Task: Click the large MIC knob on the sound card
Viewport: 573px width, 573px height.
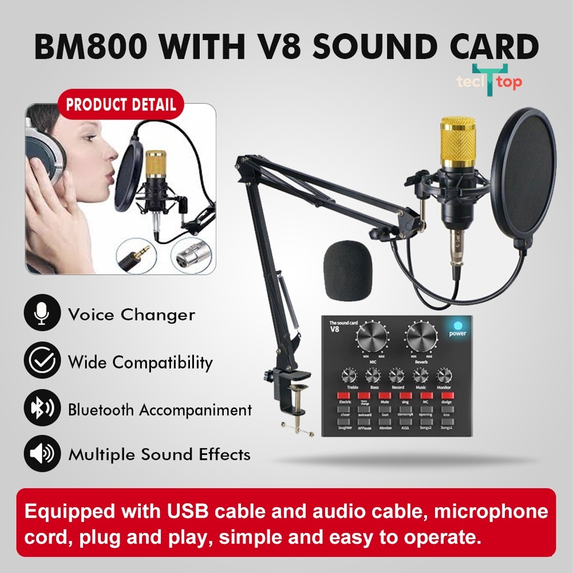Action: [370, 339]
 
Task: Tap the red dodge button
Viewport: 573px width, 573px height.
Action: [447, 396]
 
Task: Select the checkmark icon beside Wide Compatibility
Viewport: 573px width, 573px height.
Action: [42, 361]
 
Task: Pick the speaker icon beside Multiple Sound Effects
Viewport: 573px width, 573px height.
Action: [42, 455]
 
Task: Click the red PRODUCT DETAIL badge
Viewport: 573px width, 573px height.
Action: [121, 105]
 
